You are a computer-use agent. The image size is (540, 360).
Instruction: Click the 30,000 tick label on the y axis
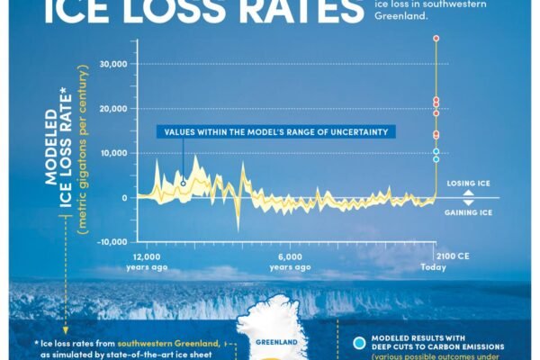(112, 64)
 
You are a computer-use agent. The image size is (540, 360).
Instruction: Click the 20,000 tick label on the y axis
(112, 108)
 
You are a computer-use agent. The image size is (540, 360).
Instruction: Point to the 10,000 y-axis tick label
(113, 153)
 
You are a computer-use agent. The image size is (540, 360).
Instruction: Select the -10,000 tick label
(112, 241)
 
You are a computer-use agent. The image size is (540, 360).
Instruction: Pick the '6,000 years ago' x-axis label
(290, 261)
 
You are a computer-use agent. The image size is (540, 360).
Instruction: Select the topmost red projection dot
(436, 39)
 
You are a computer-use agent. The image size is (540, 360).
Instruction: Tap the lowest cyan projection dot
(436, 159)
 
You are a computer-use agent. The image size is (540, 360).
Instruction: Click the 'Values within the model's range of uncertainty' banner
(276, 132)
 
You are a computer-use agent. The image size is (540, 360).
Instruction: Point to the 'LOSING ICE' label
(469, 184)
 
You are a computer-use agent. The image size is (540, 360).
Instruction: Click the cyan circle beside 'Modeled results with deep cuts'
(359, 344)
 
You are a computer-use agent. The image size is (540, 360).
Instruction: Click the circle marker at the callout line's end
(184, 183)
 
